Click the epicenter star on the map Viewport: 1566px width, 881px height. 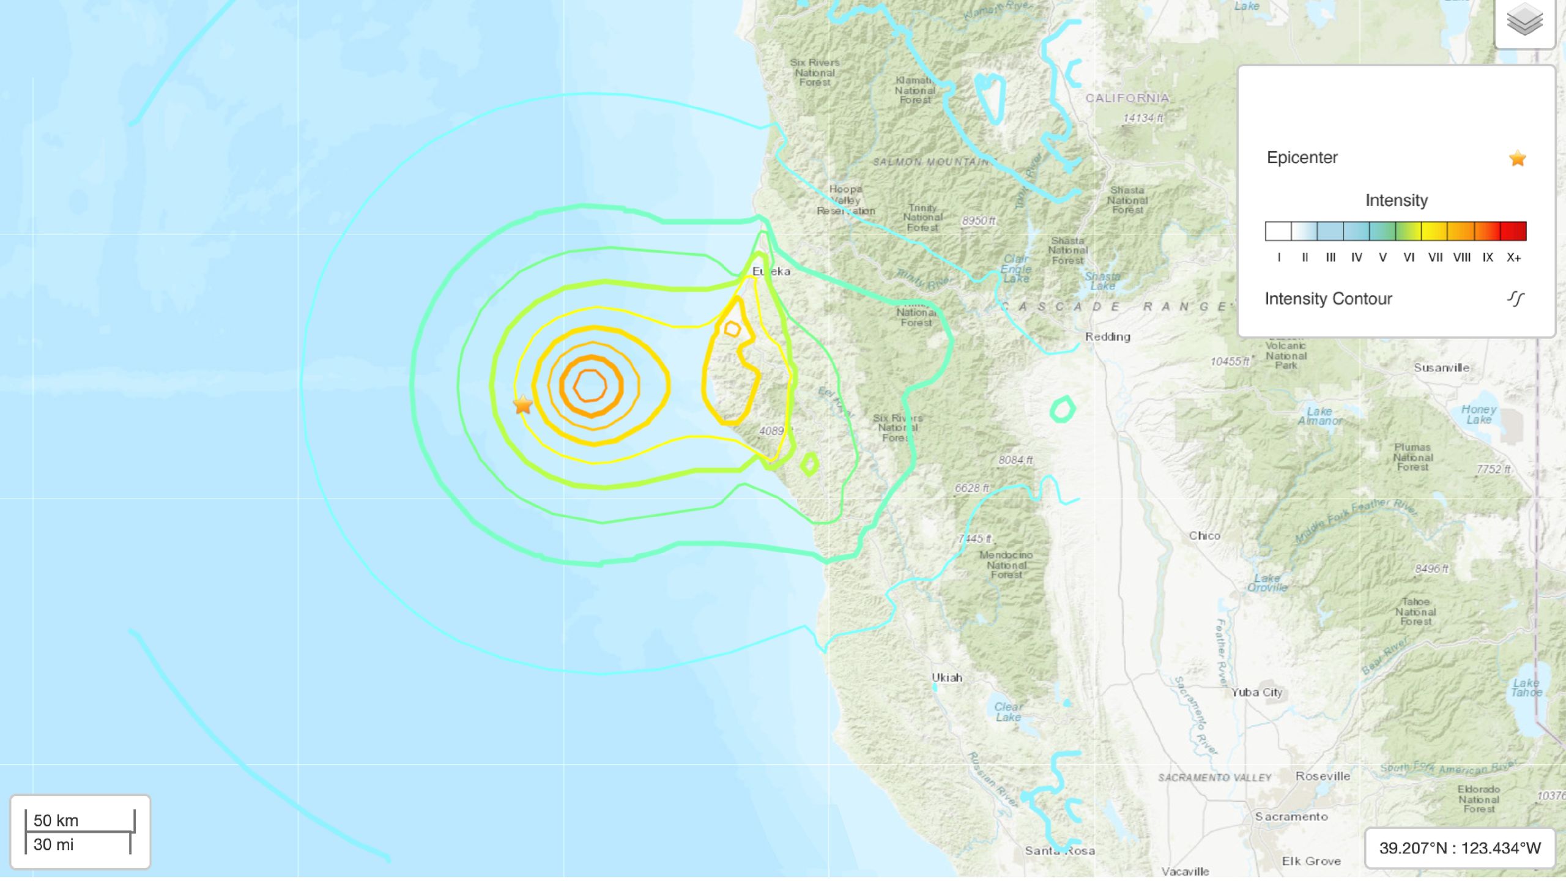[523, 404]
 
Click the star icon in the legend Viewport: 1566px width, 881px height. [1517, 159]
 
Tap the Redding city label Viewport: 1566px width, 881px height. [1107, 336]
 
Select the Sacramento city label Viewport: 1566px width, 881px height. [1291, 817]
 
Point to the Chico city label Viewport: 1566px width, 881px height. [1204, 536]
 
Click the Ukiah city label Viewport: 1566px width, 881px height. [947, 678]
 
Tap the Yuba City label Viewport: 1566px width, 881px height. [1256, 693]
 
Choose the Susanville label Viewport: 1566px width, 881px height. [1441, 368]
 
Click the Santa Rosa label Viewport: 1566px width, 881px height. [1059, 851]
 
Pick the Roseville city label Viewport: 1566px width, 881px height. [1323, 776]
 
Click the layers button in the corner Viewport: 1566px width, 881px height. [1524, 21]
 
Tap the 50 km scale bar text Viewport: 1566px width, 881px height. [56, 820]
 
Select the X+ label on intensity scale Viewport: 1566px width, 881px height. [1513, 258]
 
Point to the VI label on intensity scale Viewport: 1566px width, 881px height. [1409, 258]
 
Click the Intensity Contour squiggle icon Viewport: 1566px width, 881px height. [1516, 299]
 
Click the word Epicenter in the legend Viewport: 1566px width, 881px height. [1302, 158]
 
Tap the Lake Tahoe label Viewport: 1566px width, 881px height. [1526, 688]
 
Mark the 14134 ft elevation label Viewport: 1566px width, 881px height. [1143, 118]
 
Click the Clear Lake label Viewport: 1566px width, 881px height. [1008, 712]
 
